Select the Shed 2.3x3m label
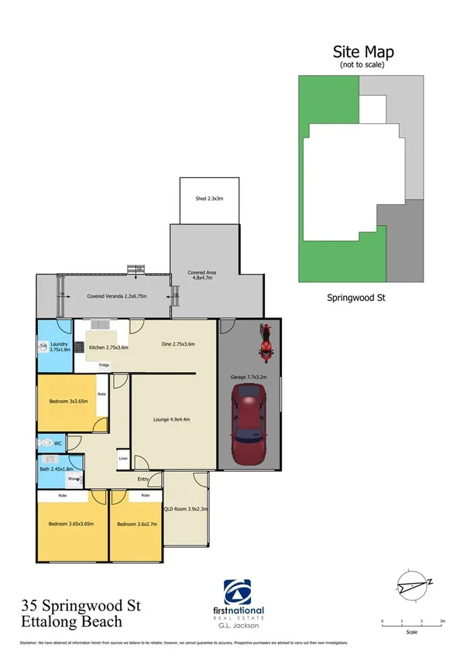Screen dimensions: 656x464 point(209,199)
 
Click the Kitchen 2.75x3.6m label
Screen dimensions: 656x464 point(108,348)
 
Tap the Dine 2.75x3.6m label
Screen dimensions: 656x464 point(177,343)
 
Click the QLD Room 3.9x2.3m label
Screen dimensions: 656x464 point(186,509)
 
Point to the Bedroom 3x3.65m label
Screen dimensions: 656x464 point(68,401)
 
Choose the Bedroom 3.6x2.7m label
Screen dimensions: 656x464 point(136,524)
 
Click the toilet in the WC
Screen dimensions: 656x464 point(50,444)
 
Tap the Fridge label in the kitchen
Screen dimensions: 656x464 point(104,364)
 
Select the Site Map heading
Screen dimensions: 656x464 point(363,52)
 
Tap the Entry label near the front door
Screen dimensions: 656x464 point(143,479)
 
